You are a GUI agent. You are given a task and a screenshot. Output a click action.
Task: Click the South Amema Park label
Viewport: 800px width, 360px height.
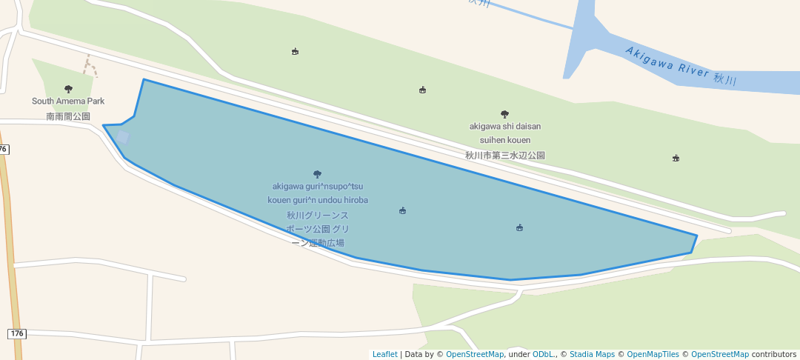(x=68, y=101)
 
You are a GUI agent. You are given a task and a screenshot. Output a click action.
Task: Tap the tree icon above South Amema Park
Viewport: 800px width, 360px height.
(x=69, y=89)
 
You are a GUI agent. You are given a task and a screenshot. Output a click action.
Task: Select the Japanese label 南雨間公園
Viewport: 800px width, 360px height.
(x=68, y=116)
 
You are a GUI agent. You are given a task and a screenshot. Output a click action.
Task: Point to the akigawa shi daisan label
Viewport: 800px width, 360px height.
(x=504, y=126)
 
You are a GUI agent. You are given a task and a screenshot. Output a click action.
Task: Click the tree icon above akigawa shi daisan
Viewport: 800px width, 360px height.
(x=504, y=114)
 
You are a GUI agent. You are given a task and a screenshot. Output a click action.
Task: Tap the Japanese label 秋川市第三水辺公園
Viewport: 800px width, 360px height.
(x=504, y=156)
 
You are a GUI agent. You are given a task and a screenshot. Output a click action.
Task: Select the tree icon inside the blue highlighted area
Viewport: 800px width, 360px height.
(x=318, y=174)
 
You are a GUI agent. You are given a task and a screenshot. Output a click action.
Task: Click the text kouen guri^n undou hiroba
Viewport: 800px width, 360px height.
(x=318, y=200)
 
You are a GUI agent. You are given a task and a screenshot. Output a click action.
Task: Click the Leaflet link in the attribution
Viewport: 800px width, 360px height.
(x=384, y=354)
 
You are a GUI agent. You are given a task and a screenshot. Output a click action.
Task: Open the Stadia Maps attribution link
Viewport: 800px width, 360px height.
(x=592, y=354)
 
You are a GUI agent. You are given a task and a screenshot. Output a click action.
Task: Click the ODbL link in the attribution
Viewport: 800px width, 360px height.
(x=542, y=354)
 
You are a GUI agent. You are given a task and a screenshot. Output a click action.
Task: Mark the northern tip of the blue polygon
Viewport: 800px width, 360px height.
(x=144, y=79)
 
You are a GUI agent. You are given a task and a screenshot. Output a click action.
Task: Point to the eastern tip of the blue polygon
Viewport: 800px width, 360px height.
(x=696, y=236)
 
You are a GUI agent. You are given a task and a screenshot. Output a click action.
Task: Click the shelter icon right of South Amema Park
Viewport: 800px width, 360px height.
(x=295, y=52)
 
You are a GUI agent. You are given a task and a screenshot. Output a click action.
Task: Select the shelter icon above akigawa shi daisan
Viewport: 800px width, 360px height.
(x=422, y=90)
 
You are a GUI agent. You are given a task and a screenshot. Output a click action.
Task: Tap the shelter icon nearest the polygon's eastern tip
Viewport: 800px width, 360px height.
(x=519, y=227)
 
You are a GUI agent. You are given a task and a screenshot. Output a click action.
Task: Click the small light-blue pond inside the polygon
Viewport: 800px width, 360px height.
(x=122, y=138)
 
